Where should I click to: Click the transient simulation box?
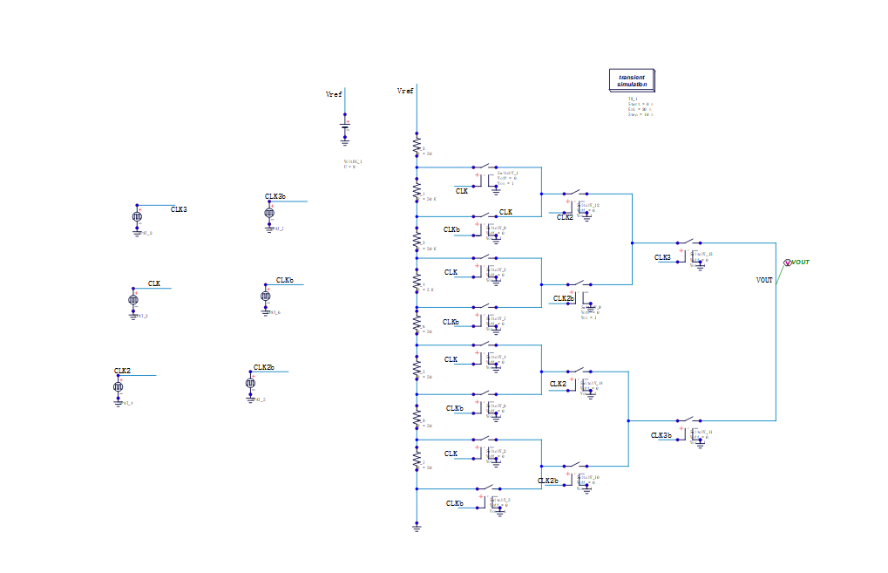pyautogui.click(x=632, y=81)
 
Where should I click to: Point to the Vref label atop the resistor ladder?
pyautogui.click(x=405, y=91)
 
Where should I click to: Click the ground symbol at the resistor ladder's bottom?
pyautogui.click(x=417, y=526)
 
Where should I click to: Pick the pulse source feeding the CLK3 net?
pyautogui.click(x=137, y=217)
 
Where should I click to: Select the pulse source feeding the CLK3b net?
pyautogui.click(x=268, y=213)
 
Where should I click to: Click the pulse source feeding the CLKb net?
pyautogui.click(x=265, y=297)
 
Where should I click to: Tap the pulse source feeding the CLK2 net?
pyautogui.click(x=119, y=386)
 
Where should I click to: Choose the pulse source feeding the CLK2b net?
pyautogui.click(x=251, y=383)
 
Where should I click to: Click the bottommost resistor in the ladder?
pyautogui.click(x=417, y=457)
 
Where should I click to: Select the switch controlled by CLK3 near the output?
pyautogui.click(x=688, y=243)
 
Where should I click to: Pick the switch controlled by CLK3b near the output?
pyautogui.click(x=688, y=420)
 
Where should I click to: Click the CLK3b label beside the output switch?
pyautogui.click(x=661, y=435)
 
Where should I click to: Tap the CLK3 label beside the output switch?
pyautogui.click(x=663, y=257)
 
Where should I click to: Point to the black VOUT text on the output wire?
pyautogui.click(x=764, y=280)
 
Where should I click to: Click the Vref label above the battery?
pyautogui.click(x=334, y=94)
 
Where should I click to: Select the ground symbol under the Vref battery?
pyautogui.click(x=344, y=140)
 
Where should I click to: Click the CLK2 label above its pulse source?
pyautogui.click(x=122, y=371)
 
